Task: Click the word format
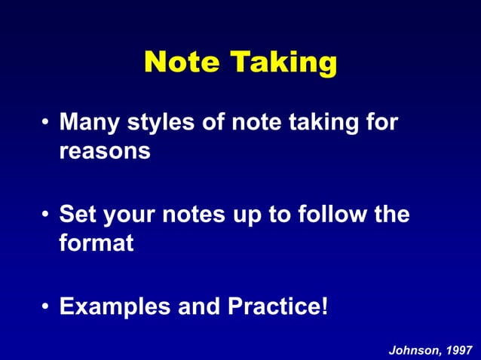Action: (x=97, y=244)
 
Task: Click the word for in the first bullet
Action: (x=380, y=123)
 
